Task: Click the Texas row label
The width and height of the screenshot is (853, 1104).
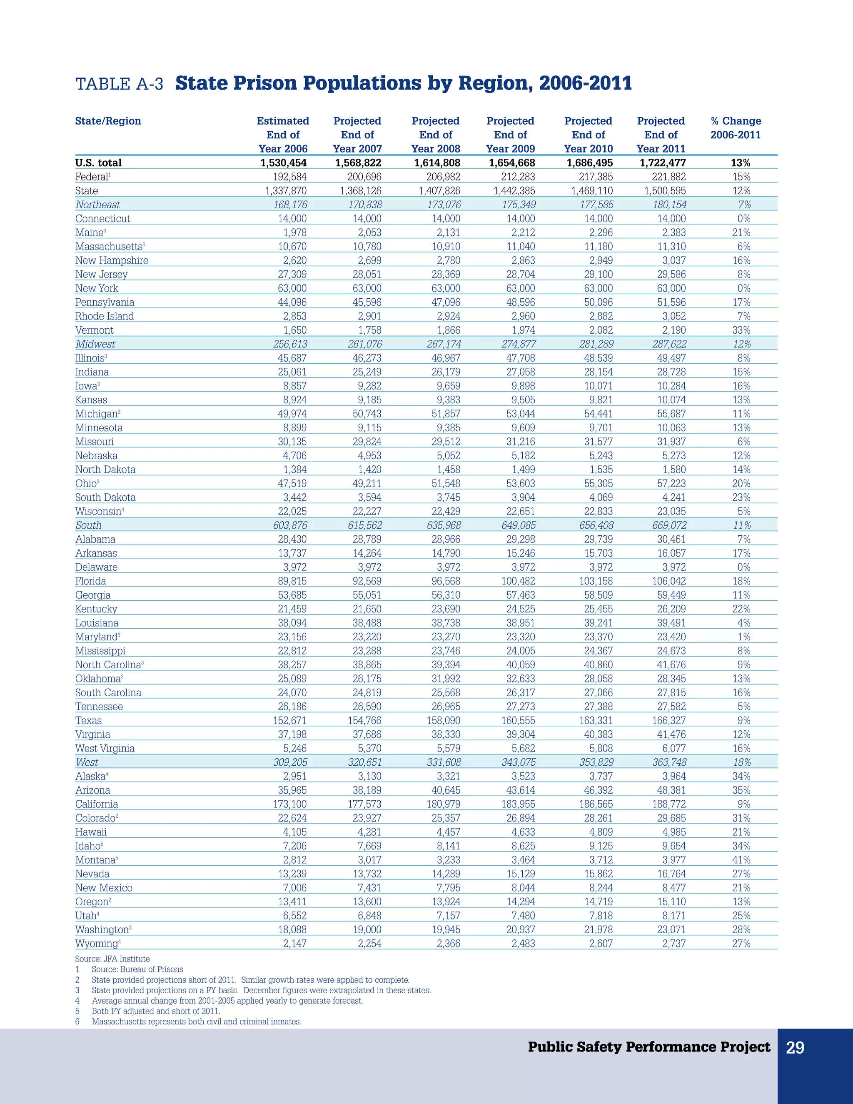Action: [x=88, y=720]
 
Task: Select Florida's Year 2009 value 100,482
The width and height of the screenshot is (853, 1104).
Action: [x=518, y=581]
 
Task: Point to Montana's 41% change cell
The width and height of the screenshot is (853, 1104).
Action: [x=741, y=860]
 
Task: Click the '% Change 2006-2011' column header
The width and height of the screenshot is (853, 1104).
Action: [x=735, y=128]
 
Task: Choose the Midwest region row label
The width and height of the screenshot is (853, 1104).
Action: [x=95, y=344]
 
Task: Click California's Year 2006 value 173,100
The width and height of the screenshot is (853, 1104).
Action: [x=289, y=804]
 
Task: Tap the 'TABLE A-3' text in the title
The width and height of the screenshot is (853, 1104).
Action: [x=119, y=84]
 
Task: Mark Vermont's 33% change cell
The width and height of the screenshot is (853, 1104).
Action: [x=741, y=330]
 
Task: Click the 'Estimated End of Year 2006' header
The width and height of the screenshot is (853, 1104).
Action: [x=283, y=135]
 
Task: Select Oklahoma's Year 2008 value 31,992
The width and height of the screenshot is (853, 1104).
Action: [x=446, y=678]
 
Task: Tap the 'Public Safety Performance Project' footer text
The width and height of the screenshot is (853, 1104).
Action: [x=649, y=1047]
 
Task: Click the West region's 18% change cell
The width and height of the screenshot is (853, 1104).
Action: [x=741, y=762]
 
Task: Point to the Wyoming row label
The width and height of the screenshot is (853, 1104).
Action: [x=97, y=943]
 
